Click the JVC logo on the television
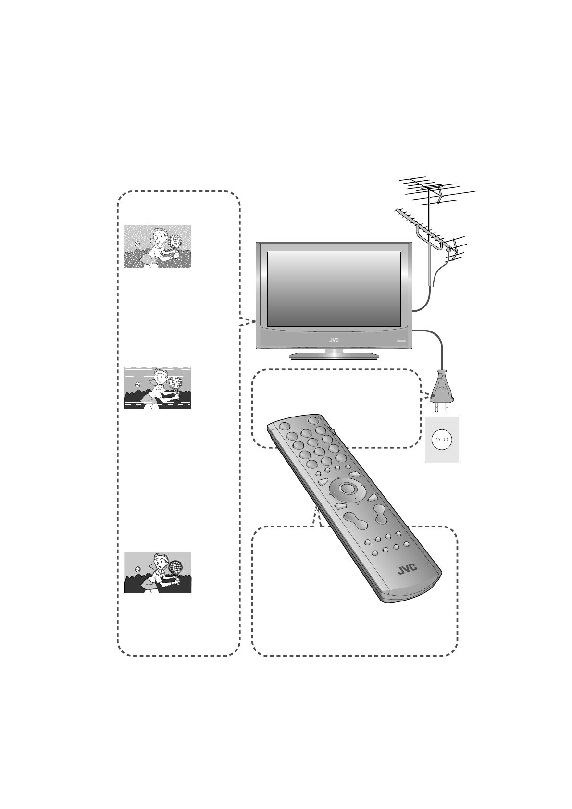[334, 340]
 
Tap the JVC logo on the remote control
[407, 570]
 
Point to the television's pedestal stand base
[334, 356]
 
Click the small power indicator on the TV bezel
[401, 341]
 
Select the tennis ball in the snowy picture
[138, 244]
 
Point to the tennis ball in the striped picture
[138, 385]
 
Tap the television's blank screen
[334, 289]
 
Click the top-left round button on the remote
[284, 426]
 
